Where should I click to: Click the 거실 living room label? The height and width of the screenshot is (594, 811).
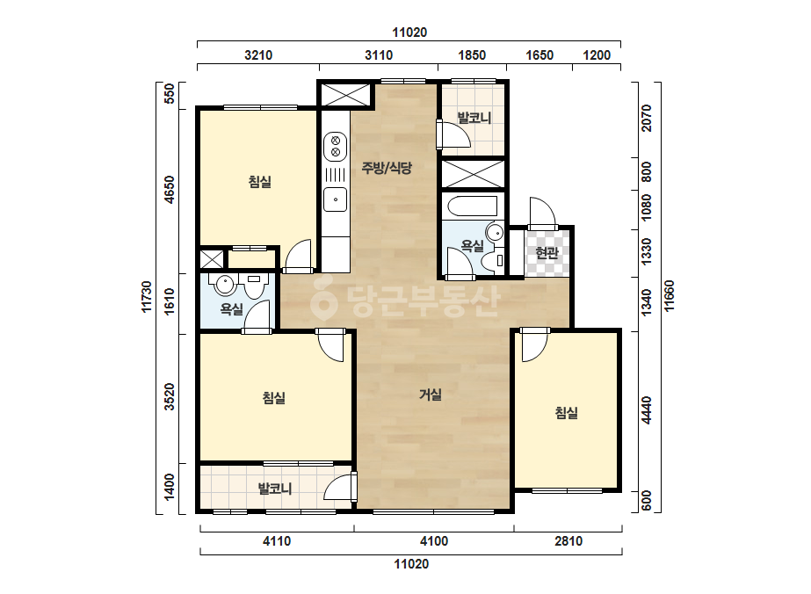tap(431, 395)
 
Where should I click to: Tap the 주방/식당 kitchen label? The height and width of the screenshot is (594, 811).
tap(387, 167)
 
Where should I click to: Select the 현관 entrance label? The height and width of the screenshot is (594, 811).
tap(547, 252)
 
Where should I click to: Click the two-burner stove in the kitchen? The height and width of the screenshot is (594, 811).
tap(335, 146)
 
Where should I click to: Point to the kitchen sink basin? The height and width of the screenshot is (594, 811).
tap(335, 199)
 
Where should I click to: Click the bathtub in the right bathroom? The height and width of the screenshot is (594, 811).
tap(473, 206)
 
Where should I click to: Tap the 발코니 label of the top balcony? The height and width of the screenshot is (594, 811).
tap(474, 118)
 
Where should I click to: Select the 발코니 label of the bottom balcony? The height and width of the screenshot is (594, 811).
tap(275, 489)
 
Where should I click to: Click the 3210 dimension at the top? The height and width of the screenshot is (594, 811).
tap(258, 54)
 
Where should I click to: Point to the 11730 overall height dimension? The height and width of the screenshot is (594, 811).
tap(147, 296)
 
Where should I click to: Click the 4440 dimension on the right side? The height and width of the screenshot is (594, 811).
tap(646, 410)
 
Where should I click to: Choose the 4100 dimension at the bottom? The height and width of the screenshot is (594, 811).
tap(434, 541)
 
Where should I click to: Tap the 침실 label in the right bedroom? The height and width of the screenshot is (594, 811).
tap(567, 412)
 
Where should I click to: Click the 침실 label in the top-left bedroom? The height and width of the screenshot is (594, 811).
tap(260, 182)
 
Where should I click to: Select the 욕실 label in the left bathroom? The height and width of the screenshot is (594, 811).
tap(231, 309)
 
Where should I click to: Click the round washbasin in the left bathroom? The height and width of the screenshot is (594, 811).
tap(224, 284)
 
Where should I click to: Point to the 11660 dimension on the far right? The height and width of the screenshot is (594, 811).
tap(670, 296)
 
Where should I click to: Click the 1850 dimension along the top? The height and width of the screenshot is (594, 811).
tap(472, 54)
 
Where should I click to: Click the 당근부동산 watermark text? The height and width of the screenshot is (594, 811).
tap(406, 301)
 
